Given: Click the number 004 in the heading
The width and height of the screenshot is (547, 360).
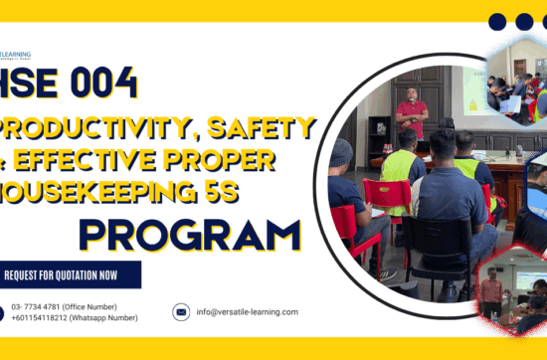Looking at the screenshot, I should click(101, 84).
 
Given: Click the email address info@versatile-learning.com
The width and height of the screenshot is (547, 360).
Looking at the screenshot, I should click(247, 312).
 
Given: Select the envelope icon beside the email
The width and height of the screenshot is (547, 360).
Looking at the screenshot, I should click(181, 312).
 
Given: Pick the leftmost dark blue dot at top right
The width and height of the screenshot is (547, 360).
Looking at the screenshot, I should click(498, 22).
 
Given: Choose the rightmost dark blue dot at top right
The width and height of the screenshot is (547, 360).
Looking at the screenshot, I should click(539, 22).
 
